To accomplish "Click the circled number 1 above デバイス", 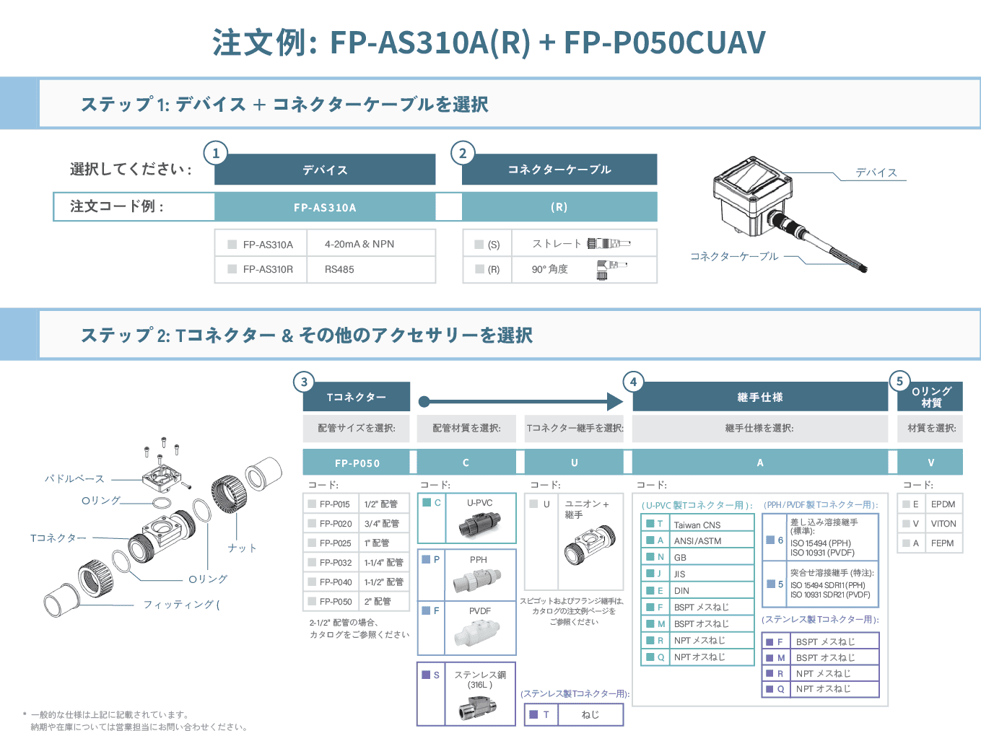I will coord(216,153).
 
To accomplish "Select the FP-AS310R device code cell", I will coord(268,270).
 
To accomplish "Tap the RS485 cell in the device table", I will coord(339,270).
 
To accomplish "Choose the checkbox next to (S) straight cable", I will coord(479,245).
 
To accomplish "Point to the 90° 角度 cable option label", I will coord(550,270).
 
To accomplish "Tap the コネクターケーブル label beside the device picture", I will coord(734,256).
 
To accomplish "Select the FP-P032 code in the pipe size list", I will coord(336,563).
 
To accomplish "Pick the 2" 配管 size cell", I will coord(378,602).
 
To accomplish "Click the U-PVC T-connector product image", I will coord(479,525).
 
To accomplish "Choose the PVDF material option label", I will coord(480,611).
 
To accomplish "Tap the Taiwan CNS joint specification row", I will coord(697,525).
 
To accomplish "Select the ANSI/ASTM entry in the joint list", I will coord(697,541).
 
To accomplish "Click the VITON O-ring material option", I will coord(943,524).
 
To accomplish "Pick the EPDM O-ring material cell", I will coord(943,504).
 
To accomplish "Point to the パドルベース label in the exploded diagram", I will coord(74,479).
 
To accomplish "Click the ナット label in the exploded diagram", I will coord(243,548).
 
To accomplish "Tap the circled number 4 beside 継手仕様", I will coord(633,382).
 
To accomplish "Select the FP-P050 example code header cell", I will coord(357,463).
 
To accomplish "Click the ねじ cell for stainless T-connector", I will coord(590,715).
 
